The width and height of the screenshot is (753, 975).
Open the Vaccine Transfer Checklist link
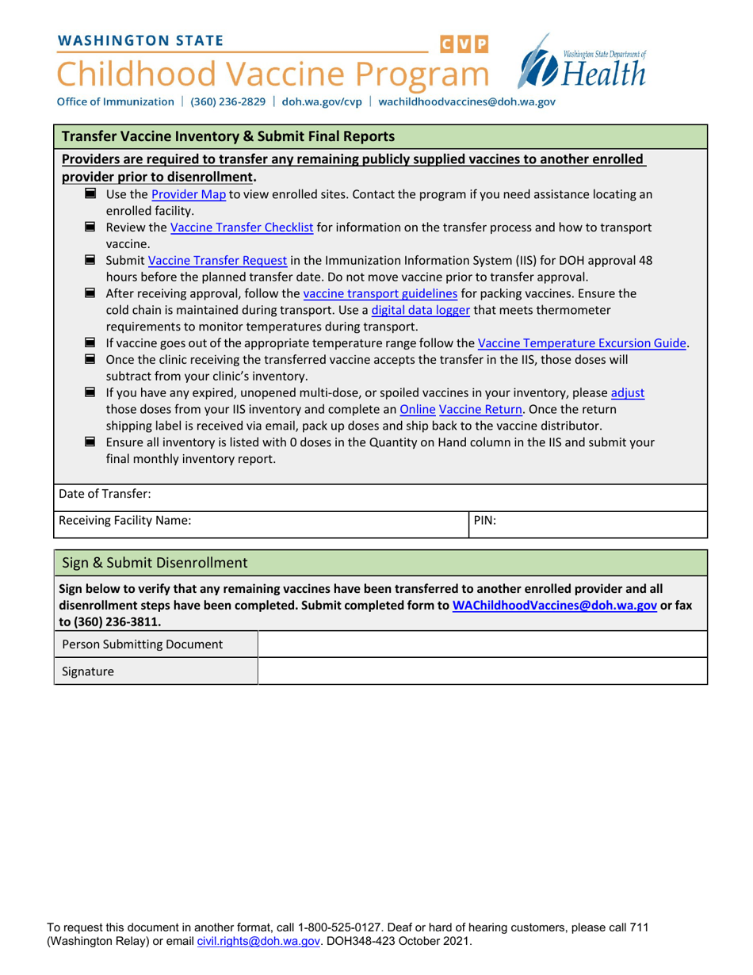point(242,227)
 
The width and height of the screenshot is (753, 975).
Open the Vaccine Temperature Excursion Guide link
point(582,343)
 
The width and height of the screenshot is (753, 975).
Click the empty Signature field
point(482,671)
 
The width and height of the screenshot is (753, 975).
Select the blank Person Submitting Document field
point(482,644)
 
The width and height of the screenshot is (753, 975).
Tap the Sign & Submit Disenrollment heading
point(155,563)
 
